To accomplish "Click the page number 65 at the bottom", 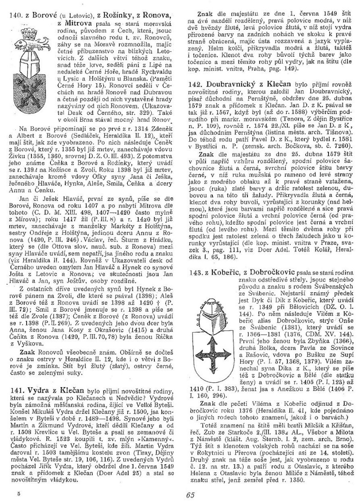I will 189,494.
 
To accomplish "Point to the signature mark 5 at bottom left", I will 19,493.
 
